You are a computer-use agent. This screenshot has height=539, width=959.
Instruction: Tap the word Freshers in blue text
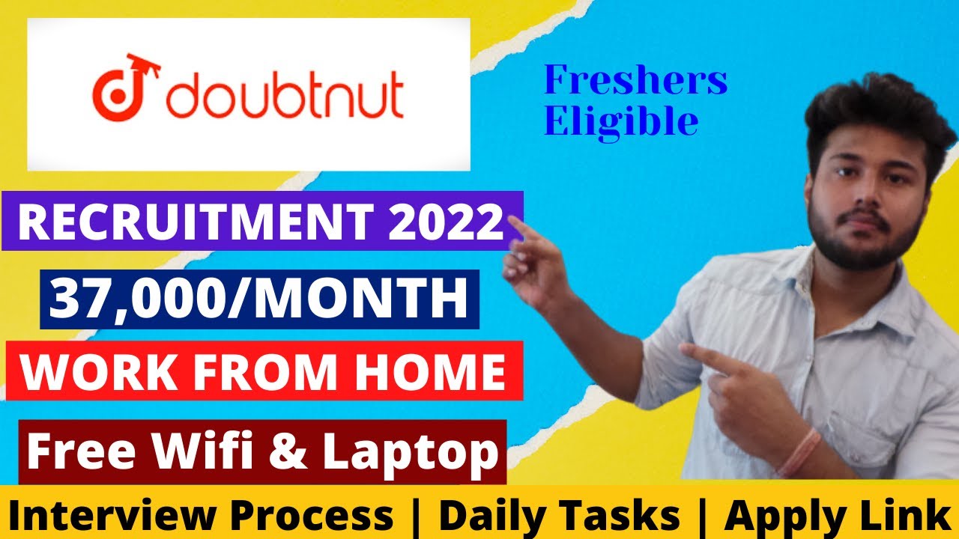635,81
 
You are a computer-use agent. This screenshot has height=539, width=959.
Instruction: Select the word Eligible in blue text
621,121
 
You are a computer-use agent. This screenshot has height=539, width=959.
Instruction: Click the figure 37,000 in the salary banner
132,299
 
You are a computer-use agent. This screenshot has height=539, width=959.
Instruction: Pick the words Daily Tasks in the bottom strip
559,516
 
